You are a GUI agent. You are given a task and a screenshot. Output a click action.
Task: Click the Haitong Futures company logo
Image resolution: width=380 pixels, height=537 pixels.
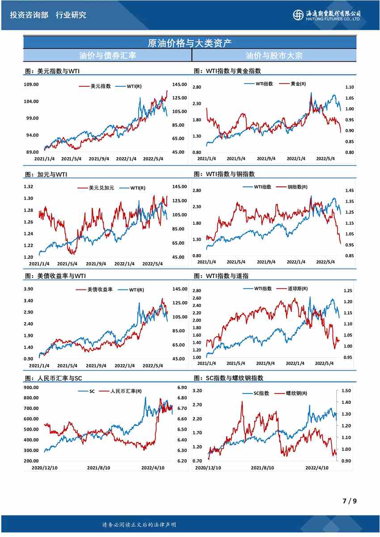tap(328, 15)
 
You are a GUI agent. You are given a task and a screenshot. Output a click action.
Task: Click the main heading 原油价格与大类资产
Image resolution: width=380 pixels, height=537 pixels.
tap(190, 43)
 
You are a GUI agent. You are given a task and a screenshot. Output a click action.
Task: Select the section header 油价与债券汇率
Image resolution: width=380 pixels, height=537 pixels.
tap(107, 56)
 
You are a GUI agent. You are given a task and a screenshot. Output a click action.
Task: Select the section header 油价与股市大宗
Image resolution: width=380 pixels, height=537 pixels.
tap(274, 56)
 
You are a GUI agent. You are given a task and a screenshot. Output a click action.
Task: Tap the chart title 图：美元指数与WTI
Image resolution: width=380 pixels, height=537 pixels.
tap(52, 71)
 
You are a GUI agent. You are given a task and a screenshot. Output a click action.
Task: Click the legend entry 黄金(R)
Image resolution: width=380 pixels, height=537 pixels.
tap(298, 84)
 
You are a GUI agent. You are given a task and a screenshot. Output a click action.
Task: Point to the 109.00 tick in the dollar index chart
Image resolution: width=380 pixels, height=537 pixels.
tap(30, 84)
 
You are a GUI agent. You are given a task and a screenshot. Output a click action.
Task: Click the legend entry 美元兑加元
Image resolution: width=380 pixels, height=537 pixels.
tap(101, 188)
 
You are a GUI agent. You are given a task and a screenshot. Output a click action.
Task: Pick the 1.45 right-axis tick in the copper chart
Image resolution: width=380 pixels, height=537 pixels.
tap(349, 190)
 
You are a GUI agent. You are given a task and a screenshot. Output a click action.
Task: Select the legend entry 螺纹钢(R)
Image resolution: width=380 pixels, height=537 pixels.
tap(298, 393)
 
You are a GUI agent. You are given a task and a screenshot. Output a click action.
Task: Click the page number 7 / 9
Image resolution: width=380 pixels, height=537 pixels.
tap(349, 501)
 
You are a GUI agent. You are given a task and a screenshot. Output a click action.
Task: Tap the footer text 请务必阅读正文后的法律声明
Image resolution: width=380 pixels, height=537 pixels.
tap(139, 524)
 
